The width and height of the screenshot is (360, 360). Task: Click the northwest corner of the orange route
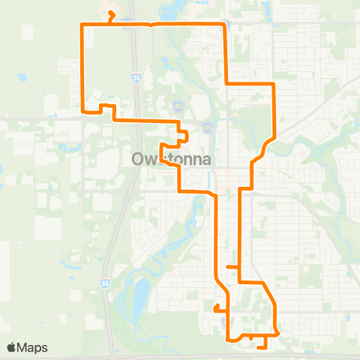[x=81, y=25]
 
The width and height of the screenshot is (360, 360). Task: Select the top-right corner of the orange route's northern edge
[x=224, y=25]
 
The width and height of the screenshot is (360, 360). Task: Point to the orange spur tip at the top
[x=110, y=13]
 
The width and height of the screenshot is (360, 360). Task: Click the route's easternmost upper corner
[x=275, y=83]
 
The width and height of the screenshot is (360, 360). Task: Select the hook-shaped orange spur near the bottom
[x=216, y=307]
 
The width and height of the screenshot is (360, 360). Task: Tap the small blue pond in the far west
[x=21, y=76]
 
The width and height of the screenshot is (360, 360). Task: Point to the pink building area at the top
[x=106, y=9]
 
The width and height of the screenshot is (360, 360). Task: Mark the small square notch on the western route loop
[x=106, y=109]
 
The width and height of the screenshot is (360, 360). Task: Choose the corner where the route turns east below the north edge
[x=226, y=82]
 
